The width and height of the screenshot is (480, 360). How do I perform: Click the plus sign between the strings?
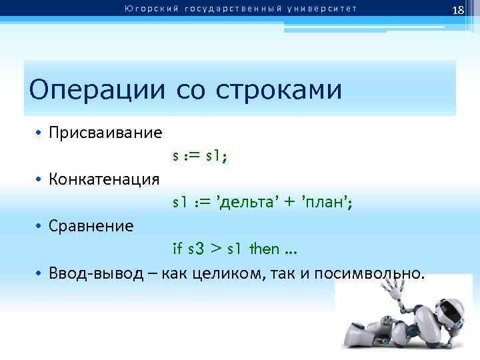tap(291, 203)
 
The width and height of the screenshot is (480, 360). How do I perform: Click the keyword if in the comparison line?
tap(177, 249)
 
